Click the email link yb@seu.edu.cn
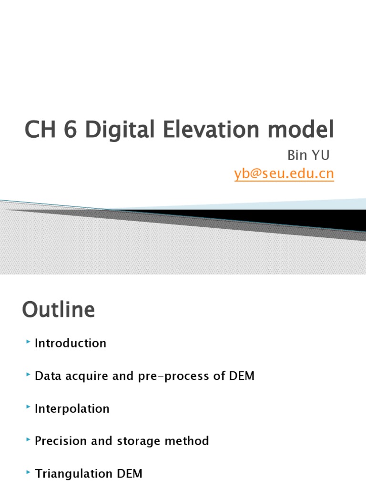coord(284,174)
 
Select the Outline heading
coord(58,310)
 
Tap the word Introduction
coord(71,343)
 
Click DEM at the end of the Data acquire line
coord(241,376)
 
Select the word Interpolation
coord(72,408)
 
